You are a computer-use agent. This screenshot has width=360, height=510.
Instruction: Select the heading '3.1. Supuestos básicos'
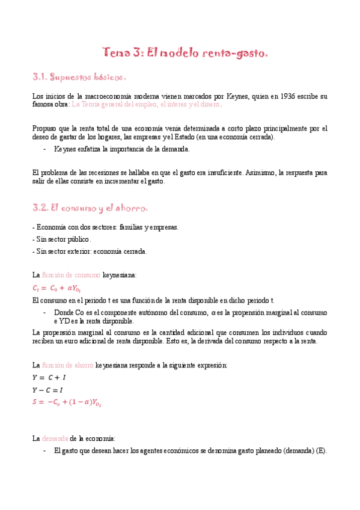pos(79,78)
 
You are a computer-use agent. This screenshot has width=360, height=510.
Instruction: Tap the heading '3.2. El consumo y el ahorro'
pos(90,208)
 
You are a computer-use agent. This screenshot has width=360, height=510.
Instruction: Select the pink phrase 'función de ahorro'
pos(68,365)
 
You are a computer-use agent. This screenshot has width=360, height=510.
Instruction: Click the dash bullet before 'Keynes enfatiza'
pos(45,149)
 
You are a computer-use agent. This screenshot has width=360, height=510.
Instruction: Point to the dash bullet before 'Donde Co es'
pos(45,313)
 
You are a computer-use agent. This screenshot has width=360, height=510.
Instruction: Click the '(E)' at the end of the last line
pos(320,450)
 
